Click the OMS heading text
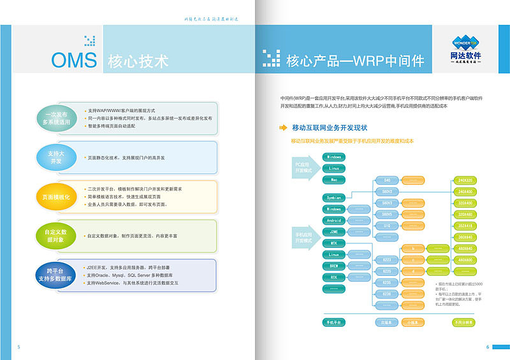click(75, 60)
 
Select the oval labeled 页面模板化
click(56, 197)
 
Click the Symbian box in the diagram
click(334, 198)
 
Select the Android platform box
click(334, 220)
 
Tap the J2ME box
click(334, 232)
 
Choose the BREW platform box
click(334, 266)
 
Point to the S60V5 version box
click(387, 214)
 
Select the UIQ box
click(387, 226)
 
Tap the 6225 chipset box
click(387, 271)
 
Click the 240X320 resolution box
click(464, 180)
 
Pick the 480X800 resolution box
click(464, 260)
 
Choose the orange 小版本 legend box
click(412, 322)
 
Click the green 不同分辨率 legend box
click(464, 322)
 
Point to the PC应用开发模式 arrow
click(304, 168)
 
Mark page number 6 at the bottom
click(488, 347)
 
